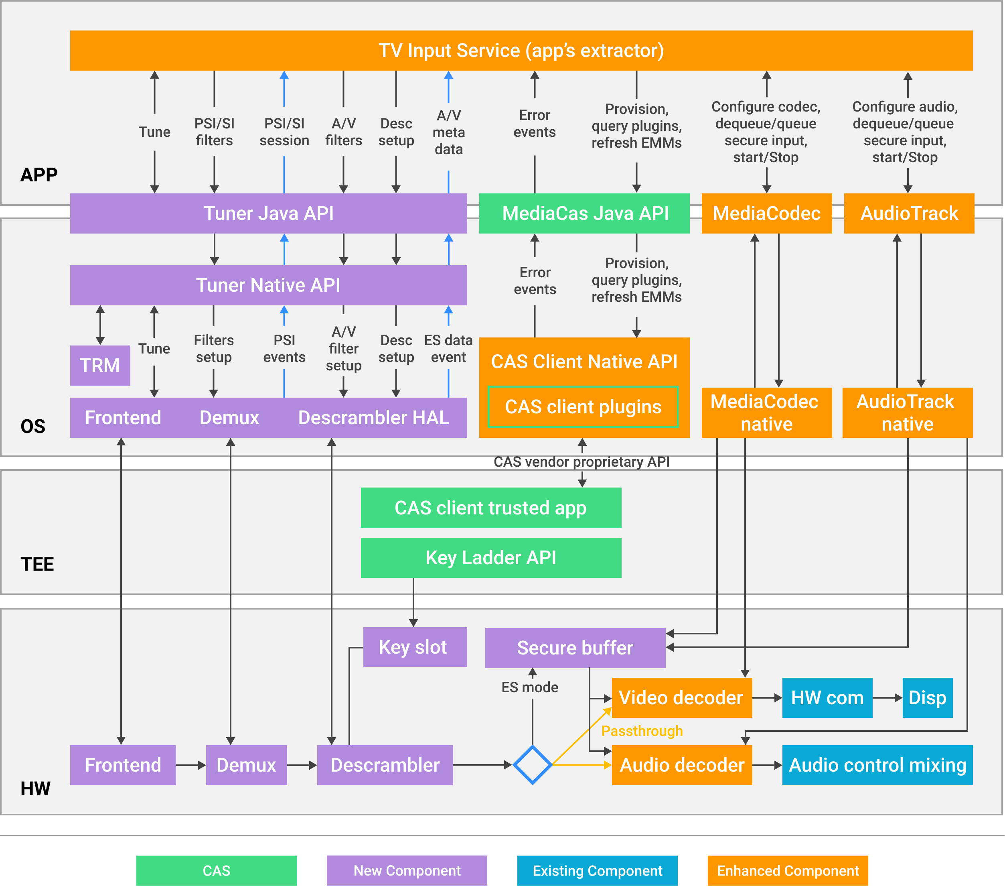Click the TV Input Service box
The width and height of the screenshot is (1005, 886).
[x=521, y=50]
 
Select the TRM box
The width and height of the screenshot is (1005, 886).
[x=100, y=365]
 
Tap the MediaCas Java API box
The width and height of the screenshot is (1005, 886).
[x=584, y=213]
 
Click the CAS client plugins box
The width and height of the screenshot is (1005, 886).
[x=583, y=407]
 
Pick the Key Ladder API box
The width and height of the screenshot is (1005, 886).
[x=491, y=557]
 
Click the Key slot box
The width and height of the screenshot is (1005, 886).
[x=415, y=647]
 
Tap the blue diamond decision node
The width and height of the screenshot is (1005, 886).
[x=532, y=765]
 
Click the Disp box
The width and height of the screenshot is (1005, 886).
[x=927, y=697]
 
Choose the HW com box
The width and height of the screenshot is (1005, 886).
[x=827, y=697]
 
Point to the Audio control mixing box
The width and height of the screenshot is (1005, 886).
[x=877, y=765]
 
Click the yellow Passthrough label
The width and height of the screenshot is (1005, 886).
[x=642, y=731]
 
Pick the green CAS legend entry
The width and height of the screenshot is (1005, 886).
[x=216, y=870]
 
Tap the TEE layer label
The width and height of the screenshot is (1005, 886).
[x=37, y=564]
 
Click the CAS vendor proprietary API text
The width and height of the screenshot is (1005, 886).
[x=582, y=462]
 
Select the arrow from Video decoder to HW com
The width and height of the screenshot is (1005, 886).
[x=767, y=697]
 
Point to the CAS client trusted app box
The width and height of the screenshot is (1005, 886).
[x=491, y=508]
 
